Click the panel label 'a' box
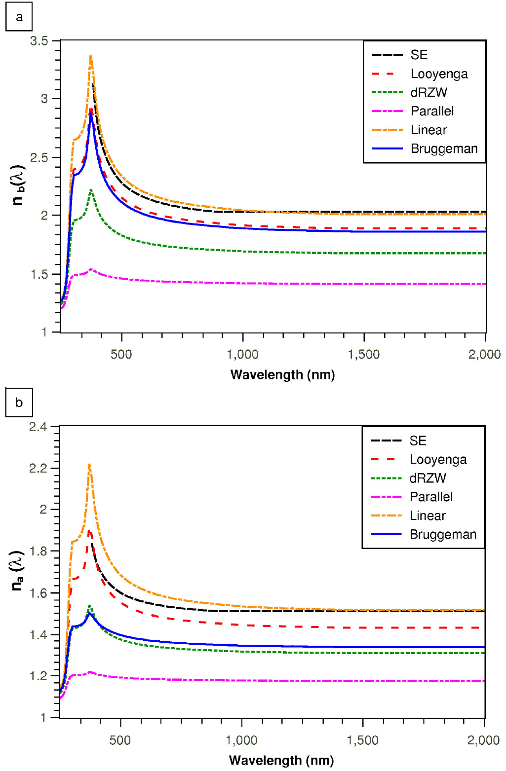coord(19,17)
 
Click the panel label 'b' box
coord(19,403)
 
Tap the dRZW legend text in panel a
coord(428,92)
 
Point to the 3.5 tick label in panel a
coord(39,41)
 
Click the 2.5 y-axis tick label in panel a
coord(39,158)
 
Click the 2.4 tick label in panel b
coord(38,427)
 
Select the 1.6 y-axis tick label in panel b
coord(38,593)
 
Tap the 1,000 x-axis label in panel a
coord(242,354)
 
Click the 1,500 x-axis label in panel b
coord(362,740)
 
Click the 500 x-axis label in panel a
coord(121,354)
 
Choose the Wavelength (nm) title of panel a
coord(282,375)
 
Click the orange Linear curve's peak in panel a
coord(90,56)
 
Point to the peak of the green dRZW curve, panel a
coord(91,189)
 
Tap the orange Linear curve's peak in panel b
coord(89,464)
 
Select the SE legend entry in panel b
coord(418,441)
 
